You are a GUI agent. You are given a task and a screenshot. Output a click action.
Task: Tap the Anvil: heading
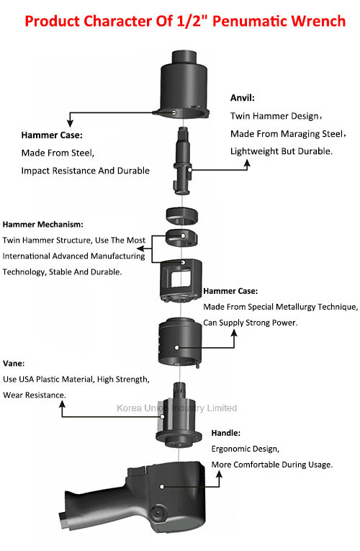243,98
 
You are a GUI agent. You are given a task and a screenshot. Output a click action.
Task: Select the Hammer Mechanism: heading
43,224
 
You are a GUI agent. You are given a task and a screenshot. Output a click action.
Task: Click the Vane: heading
14,363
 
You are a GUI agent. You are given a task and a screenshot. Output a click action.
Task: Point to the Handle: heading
226,433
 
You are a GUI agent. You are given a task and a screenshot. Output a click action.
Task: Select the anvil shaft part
183,161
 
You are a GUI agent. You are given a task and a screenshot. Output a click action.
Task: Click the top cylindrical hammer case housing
184,85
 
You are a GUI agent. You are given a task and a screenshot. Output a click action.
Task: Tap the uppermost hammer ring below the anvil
181,215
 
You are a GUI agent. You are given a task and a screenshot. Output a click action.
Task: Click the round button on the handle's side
158,513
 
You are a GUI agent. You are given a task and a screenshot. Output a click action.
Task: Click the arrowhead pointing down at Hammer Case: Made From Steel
71,123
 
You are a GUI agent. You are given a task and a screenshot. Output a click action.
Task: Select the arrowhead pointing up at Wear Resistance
62,404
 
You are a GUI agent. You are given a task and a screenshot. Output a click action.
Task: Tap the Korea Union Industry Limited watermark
176,408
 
